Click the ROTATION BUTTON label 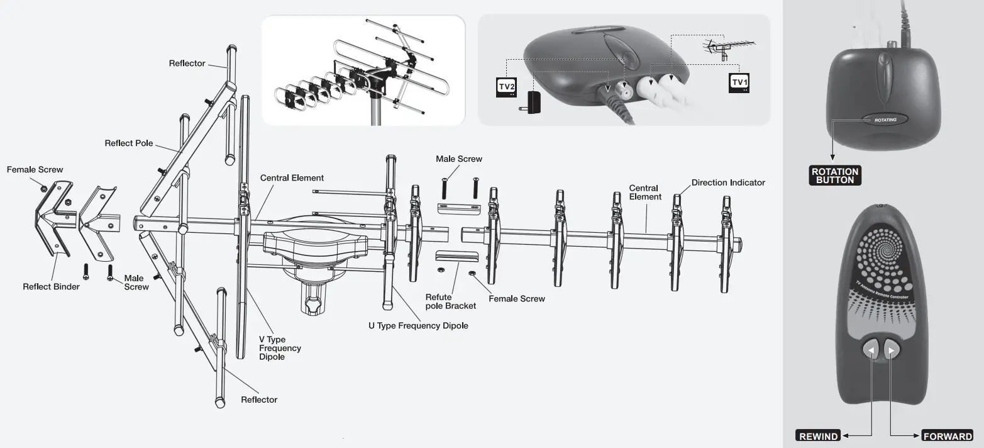click(834, 176)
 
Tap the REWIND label click(819, 436)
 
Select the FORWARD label click(948, 436)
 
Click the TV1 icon click(739, 83)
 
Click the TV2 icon click(507, 87)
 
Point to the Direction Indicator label click(728, 182)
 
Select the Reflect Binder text click(51, 287)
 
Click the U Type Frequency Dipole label click(418, 326)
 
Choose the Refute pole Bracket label click(450, 301)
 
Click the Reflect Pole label click(128, 143)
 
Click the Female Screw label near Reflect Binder click(35, 170)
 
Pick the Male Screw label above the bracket click(459, 159)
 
